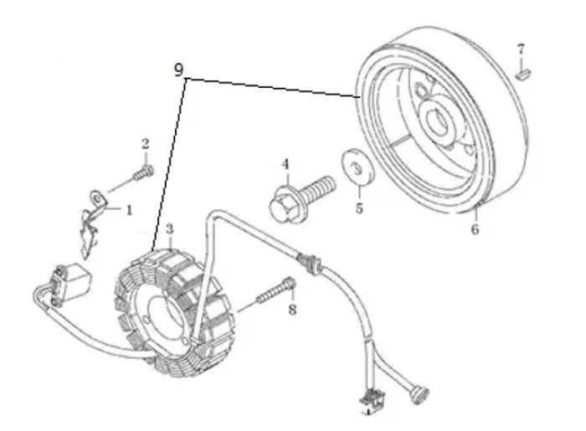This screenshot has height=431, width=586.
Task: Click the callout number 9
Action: [x=179, y=71]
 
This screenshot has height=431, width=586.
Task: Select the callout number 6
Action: [x=474, y=228]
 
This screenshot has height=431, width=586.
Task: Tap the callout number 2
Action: [x=144, y=144]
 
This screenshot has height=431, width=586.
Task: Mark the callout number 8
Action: [x=291, y=310]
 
